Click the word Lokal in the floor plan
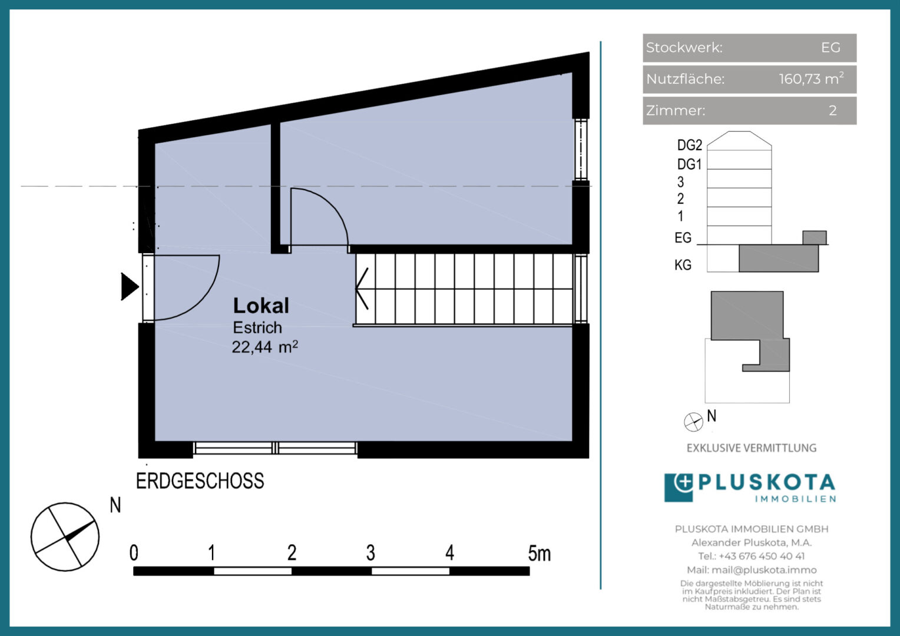[261, 306]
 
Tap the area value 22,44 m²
[265, 347]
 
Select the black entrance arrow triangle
[130, 287]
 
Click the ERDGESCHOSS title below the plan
[200, 481]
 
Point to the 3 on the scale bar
[370, 553]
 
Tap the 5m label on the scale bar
[539, 553]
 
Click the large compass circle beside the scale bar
[65, 536]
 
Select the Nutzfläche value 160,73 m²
[811, 78]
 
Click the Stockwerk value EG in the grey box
[830, 48]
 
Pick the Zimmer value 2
[833, 110]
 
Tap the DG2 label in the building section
[690, 145]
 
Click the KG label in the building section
[683, 265]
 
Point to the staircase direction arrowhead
[362, 289]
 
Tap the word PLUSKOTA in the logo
[767, 482]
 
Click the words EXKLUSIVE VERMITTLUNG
[752, 448]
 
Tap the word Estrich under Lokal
[257, 327]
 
